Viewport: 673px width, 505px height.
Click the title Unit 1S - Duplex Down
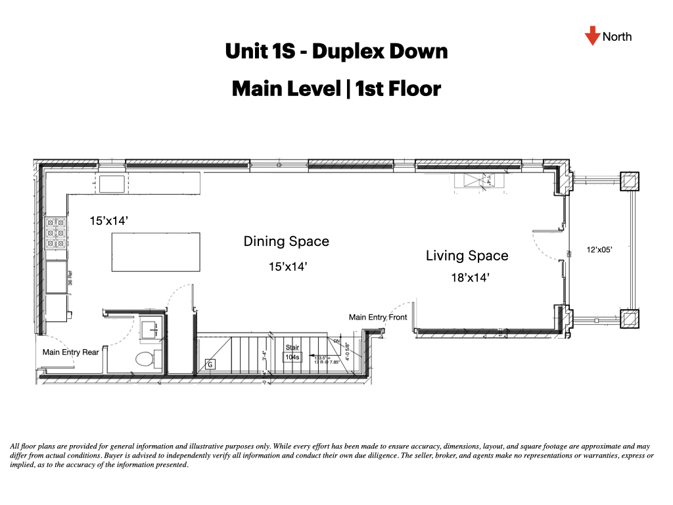[x=336, y=52]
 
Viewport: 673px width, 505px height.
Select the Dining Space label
[x=286, y=241]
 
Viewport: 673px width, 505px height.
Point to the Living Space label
[x=467, y=256]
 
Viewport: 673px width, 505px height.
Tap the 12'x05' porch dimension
[x=599, y=250]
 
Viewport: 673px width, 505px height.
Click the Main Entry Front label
[x=377, y=318]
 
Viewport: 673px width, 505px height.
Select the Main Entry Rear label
[x=70, y=352]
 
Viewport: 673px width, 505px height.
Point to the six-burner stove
[x=56, y=233]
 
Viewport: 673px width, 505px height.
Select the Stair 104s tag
[x=291, y=353]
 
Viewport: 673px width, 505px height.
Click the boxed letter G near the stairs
[x=210, y=364]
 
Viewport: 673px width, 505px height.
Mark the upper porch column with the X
[x=628, y=181]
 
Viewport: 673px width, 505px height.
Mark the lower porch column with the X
[x=628, y=318]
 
